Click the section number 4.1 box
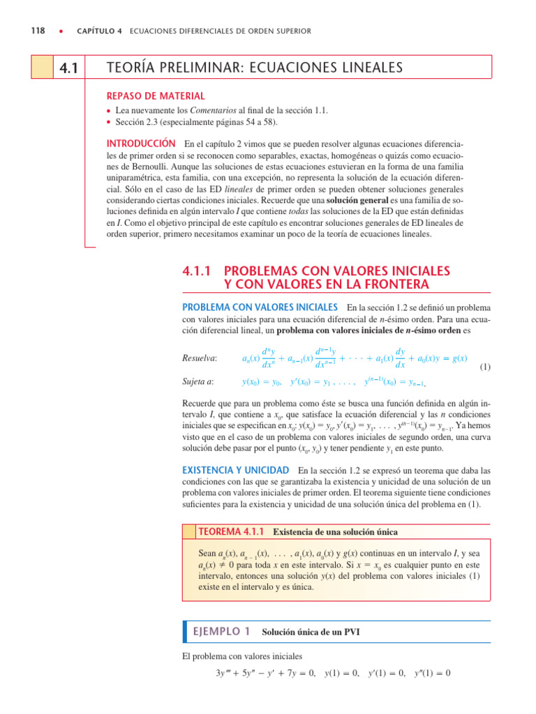point(69,68)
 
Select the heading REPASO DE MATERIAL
point(144,96)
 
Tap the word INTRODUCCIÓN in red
point(139,144)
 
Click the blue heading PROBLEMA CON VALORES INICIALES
point(260,307)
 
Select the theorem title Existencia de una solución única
point(334,532)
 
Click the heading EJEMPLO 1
point(221,632)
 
